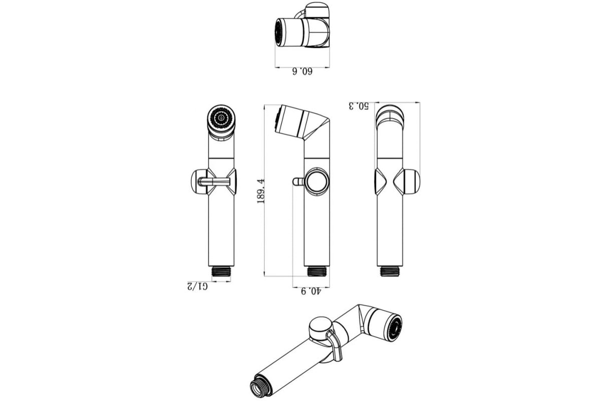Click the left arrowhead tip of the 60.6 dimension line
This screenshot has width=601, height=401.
[x=275, y=67]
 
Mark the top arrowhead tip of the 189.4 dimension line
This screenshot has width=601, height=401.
[x=264, y=105]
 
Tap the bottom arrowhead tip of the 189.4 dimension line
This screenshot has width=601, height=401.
[x=264, y=276]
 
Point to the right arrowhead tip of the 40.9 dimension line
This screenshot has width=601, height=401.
[x=330, y=287]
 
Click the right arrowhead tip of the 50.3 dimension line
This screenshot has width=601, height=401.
[x=420, y=102]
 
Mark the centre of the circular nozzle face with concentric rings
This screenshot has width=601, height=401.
[x=221, y=118]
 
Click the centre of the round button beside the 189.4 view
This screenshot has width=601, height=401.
[x=317, y=181]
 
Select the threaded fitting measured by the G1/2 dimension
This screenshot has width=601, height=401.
[x=221, y=271]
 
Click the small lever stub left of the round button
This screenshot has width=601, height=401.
[x=298, y=181]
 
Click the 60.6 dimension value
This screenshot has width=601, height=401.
[x=302, y=72]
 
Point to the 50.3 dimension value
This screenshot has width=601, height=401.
[x=359, y=106]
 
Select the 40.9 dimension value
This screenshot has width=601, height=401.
[x=311, y=291]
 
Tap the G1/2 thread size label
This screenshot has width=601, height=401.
[x=197, y=286]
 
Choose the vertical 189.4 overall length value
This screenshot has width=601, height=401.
[x=260, y=190]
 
